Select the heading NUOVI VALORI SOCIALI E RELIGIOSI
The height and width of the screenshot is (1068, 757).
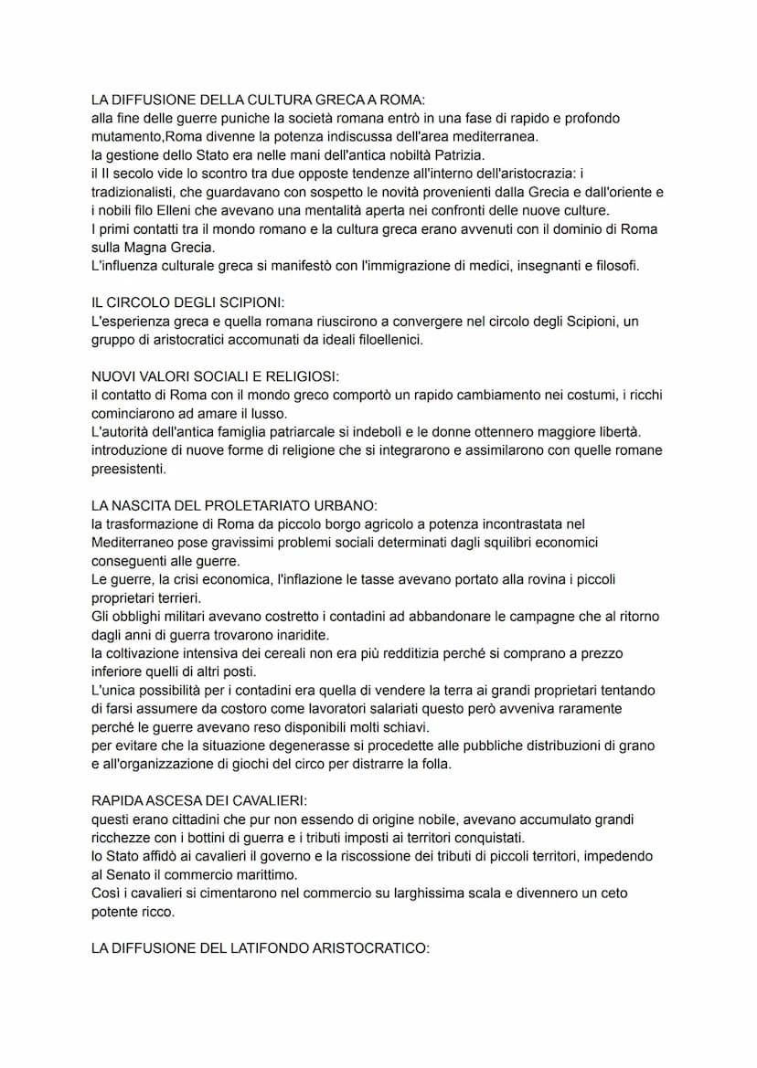coord(215,376)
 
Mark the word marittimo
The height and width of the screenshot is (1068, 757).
coord(279,874)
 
